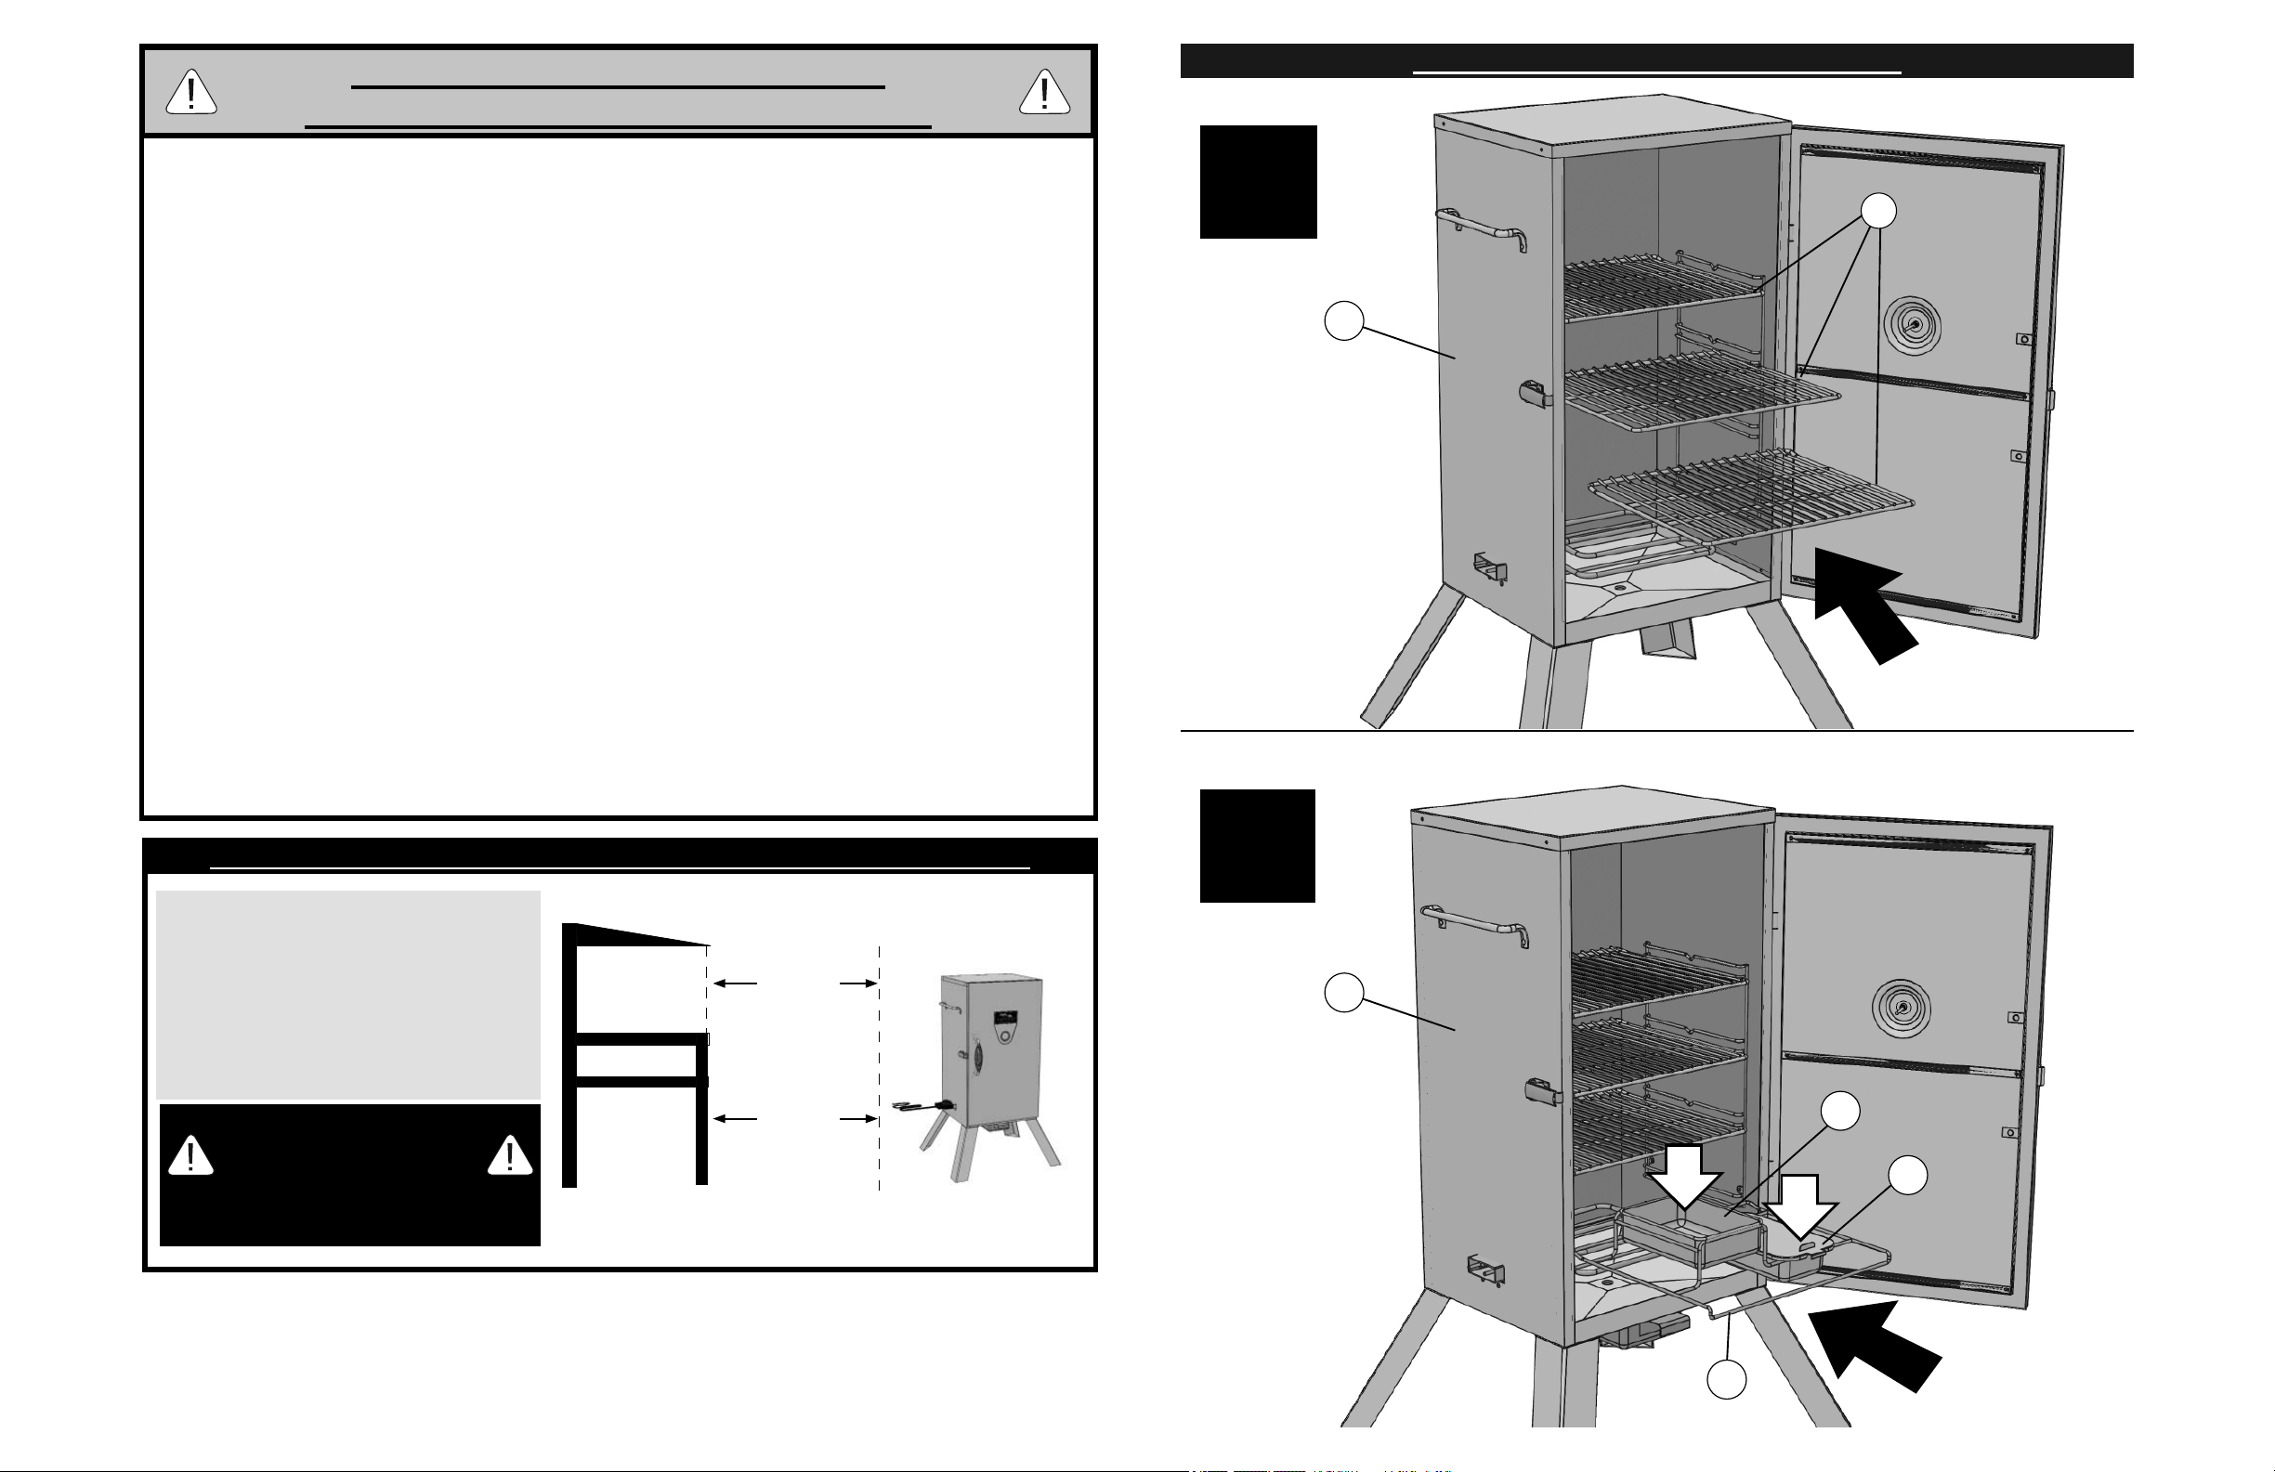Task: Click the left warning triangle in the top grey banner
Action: tap(191, 93)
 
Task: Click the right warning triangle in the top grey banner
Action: tap(1044, 93)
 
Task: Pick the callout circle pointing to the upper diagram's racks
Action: tap(1879, 211)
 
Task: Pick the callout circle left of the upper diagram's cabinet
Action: tap(1343, 321)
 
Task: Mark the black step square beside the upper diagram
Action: tap(1258, 182)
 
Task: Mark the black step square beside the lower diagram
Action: tap(1257, 846)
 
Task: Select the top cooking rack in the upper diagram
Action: tap(1663, 287)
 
